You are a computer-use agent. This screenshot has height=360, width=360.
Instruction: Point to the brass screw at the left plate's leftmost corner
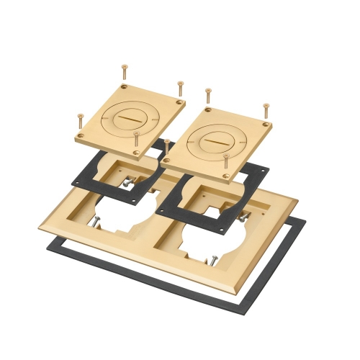click(80, 122)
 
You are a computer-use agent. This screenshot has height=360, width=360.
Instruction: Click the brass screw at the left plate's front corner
click(136, 140)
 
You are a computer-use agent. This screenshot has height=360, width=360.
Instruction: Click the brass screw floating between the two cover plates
click(167, 147)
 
